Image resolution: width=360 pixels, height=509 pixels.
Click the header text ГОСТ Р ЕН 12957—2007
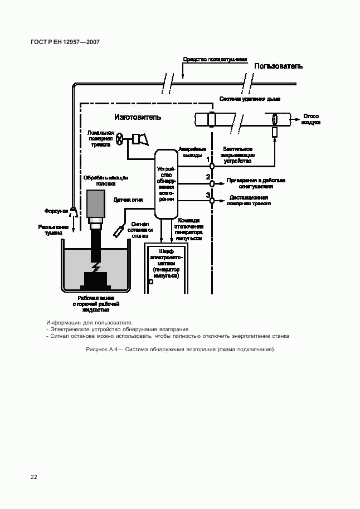coord(65,42)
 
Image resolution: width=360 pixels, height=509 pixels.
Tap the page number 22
coord(34,477)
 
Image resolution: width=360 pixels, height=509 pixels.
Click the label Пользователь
coord(278,66)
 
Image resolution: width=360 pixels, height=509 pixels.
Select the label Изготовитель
coord(138,117)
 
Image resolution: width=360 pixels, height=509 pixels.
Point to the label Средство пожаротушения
coord(215,59)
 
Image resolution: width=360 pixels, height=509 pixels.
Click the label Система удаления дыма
coord(249,99)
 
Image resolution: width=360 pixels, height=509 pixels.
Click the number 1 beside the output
coord(208,159)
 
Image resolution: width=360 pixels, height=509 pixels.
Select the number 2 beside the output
coord(208,177)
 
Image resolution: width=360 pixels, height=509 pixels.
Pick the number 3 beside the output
coord(208,195)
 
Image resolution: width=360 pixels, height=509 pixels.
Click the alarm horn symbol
coord(139,139)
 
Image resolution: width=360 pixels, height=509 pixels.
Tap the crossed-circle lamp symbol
coord(120,140)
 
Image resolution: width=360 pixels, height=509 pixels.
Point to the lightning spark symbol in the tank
coord(96,267)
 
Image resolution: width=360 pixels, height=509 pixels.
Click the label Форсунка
coord(56,211)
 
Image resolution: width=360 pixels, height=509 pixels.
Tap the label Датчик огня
coord(129,199)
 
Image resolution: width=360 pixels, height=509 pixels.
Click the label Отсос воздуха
coord(311,119)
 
